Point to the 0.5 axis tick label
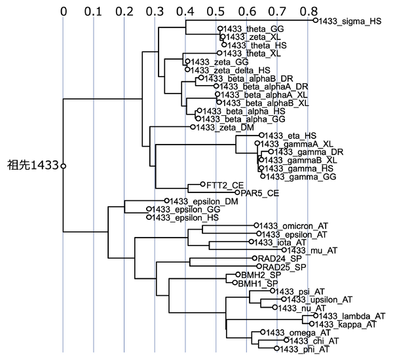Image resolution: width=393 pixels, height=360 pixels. point(215,10)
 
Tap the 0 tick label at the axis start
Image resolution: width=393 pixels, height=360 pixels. point(64,10)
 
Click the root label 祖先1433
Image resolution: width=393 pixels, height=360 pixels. point(32,166)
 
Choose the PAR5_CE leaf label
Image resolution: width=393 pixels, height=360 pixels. point(261,192)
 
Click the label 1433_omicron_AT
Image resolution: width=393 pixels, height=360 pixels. point(289,225)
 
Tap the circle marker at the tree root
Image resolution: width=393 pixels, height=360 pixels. point(64,166)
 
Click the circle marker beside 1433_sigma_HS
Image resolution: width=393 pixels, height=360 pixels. point(315,21)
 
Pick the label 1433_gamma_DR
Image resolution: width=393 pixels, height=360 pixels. point(298,152)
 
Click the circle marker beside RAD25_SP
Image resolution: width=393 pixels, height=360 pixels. point(259,267)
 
